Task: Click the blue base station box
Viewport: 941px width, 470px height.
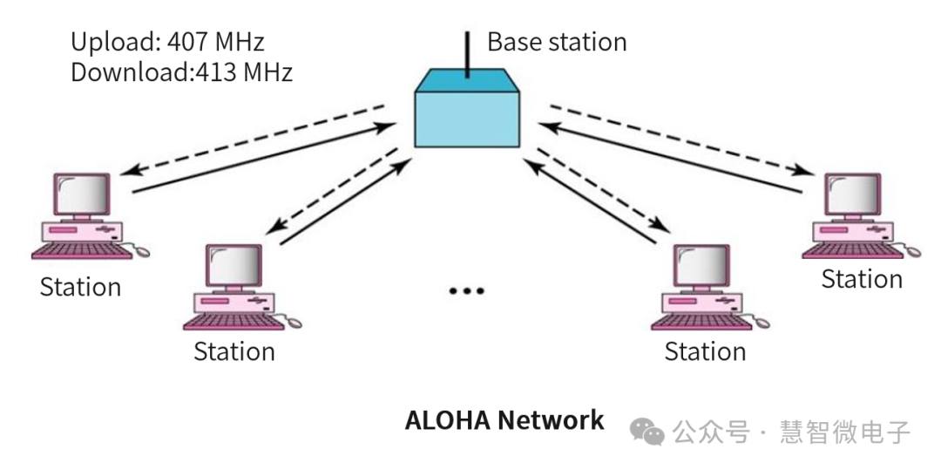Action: click(467, 115)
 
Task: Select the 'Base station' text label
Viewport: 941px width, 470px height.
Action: click(556, 42)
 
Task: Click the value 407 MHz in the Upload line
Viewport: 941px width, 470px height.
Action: click(218, 42)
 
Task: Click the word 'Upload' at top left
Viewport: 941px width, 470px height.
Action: click(112, 42)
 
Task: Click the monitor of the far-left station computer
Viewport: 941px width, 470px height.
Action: click(83, 194)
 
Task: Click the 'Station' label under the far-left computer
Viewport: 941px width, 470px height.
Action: click(80, 287)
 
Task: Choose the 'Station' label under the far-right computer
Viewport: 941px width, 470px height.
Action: click(861, 279)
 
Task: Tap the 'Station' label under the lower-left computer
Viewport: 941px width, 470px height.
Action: click(234, 351)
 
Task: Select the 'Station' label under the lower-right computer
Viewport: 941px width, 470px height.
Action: click(704, 351)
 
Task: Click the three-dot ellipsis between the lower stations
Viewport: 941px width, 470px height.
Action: click(465, 290)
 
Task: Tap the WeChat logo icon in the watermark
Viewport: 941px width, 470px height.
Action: click(647, 431)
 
